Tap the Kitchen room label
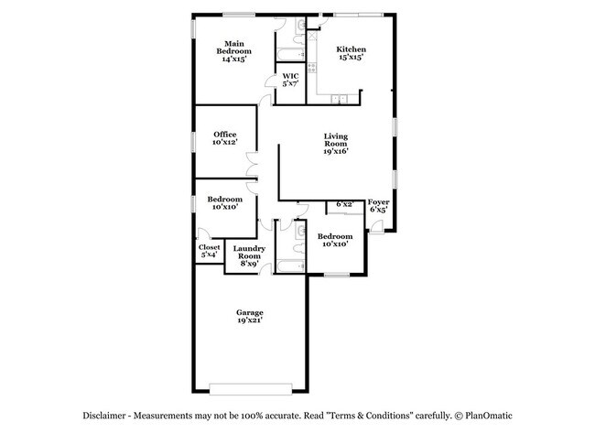[x=351, y=53]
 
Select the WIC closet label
[x=290, y=81]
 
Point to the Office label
[x=225, y=138]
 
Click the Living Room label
[x=336, y=145]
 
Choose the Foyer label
[x=378, y=205]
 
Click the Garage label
[x=250, y=317]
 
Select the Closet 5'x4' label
[x=210, y=251]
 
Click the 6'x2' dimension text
[x=345, y=204]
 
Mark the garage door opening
[x=250, y=385]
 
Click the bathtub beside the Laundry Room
[x=289, y=267]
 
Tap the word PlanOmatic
[x=485, y=414]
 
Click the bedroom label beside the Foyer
[x=335, y=241]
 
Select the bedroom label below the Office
[x=225, y=203]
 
